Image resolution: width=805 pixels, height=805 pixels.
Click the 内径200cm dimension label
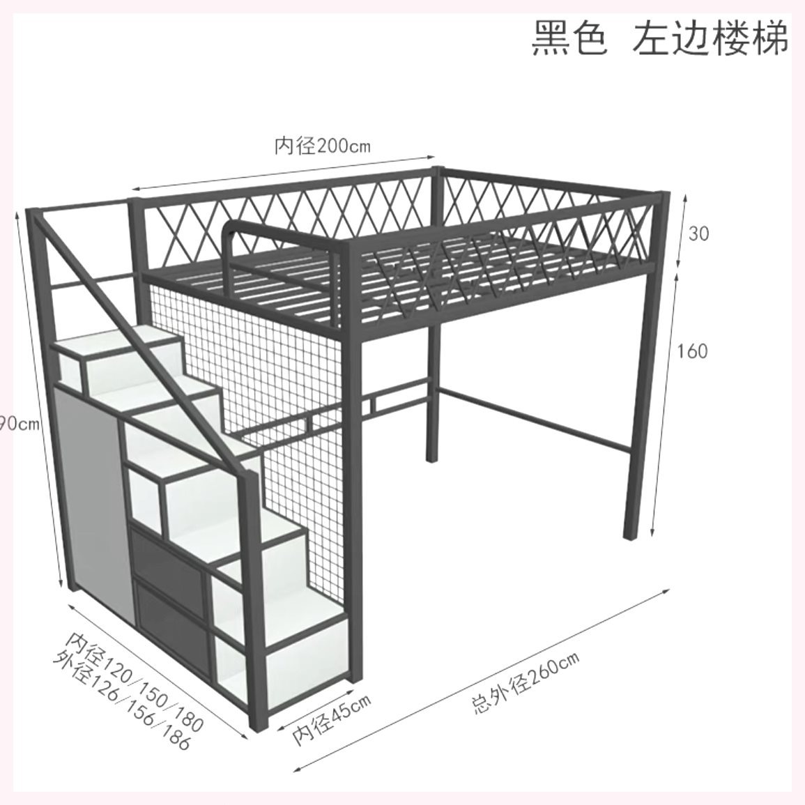(x=321, y=146)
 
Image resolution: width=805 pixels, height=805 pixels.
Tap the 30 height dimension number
(x=698, y=233)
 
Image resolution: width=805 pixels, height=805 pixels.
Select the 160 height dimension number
(x=692, y=351)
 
